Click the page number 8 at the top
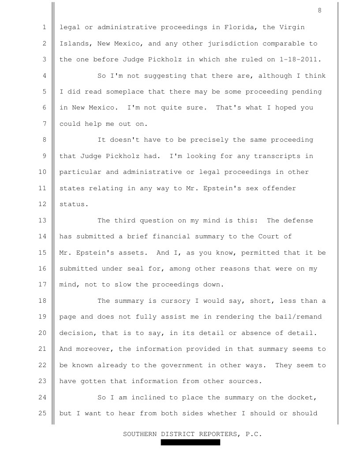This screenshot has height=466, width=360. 319,11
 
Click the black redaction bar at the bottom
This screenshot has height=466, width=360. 190,442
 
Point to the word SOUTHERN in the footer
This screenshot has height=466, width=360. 140,434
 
